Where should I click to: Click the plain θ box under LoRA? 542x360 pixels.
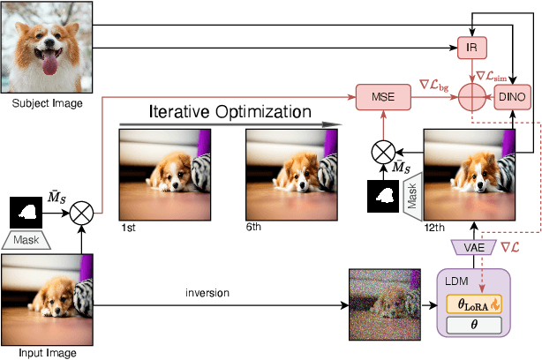[x=474, y=325]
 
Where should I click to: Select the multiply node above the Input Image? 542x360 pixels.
[x=81, y=186]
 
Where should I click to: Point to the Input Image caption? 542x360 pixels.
[x=42, y=353]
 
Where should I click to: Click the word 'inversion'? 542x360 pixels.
[x=209, y=292]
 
